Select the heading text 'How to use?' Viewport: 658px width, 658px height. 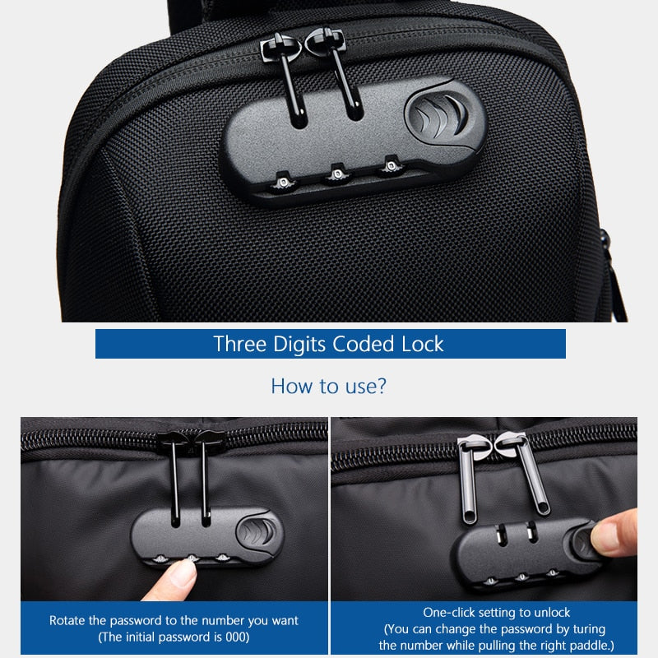click(x=328, y=386)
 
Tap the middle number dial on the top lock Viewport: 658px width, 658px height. click(x=336, y=173)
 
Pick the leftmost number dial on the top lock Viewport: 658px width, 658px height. click(x=282, y=179)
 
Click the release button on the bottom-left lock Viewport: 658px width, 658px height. click(x=258, y=531)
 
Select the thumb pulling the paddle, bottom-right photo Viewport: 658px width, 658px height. click(x=615, y=533)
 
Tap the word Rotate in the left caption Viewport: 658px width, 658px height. click(x=67, y=620)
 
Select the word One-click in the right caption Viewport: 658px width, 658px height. click(x=449, y=613)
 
